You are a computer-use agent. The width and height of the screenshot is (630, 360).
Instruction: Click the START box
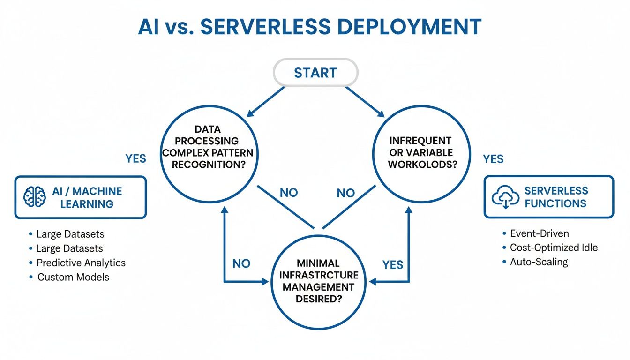315,73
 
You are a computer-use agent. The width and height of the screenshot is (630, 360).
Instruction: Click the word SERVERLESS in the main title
266,27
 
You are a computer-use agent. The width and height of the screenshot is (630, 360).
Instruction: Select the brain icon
35,197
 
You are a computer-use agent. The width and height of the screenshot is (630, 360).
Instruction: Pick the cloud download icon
504,197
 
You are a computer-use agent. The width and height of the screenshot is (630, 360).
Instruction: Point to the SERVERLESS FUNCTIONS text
555,197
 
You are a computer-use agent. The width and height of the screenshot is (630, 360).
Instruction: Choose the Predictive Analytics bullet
81,262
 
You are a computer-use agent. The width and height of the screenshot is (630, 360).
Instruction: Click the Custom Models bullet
73,277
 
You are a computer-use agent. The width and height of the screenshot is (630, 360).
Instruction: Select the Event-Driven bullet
539,233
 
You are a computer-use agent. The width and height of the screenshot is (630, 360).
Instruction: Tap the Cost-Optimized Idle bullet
554,247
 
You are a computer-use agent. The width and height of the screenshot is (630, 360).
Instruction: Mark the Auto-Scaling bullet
539,262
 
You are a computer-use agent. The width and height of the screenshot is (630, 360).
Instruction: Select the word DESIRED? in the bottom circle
318,299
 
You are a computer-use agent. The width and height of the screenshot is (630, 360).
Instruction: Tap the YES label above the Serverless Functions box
493,159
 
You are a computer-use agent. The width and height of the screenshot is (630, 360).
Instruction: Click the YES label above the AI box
136,158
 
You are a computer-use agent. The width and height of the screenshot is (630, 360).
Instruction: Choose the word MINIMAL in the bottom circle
318,263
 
